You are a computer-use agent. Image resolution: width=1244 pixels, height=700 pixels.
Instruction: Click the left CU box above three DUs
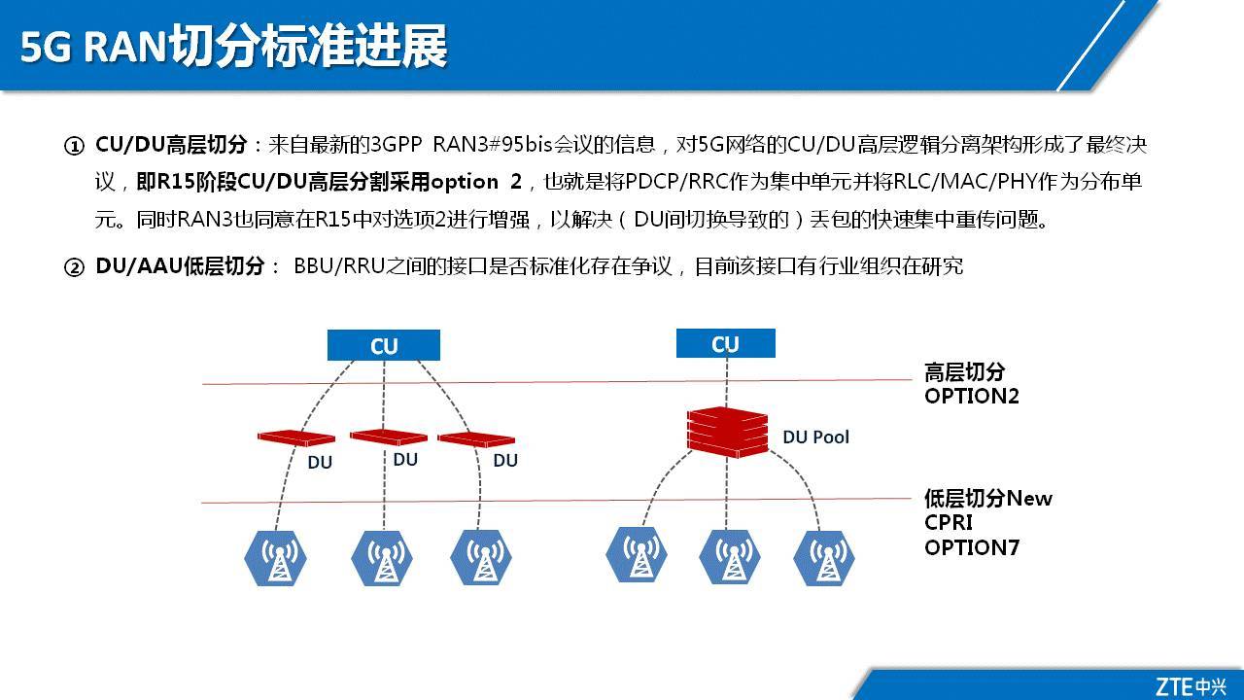click(384, 346)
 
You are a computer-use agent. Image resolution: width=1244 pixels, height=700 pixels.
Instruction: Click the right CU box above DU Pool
click(725, 344)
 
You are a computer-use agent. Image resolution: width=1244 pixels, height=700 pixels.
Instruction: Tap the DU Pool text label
click(815, 437)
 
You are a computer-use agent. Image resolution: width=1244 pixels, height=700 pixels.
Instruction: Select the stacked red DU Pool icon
click(728, 432)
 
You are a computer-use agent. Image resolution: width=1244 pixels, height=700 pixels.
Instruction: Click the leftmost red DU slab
click(296, 438)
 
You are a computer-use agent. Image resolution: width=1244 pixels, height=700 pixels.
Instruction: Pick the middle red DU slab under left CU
click(388, 437)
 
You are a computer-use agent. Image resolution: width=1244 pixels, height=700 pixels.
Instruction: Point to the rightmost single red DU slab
click(476, 439)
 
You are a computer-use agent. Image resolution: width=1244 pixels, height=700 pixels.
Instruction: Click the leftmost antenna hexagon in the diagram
click(276, 558)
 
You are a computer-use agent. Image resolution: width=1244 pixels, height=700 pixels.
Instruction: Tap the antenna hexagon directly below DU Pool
click(731, 556)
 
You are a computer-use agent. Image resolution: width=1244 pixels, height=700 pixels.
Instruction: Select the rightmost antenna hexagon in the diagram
click(824, 557)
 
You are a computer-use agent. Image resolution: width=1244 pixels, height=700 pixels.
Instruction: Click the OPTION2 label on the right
click(971, 396)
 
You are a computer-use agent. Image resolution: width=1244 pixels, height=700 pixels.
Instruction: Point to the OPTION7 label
click(971, 547)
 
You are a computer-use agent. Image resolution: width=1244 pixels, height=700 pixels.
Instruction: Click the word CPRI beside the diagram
click(949, 523)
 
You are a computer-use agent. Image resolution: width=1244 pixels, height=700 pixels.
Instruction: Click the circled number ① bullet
click(75, 147)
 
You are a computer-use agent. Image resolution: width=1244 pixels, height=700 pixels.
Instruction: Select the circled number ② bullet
click(75, 267)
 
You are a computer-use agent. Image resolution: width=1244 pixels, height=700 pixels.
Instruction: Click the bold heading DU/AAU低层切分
click(180, 266)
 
